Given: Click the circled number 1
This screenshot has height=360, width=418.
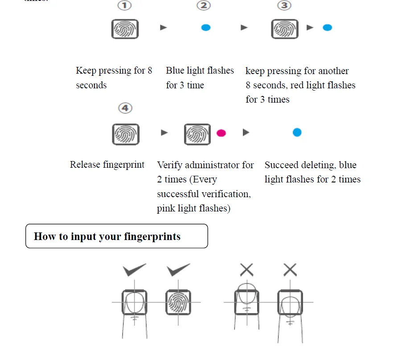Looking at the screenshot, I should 124,6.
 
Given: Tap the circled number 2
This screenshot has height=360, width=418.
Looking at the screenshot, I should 204,6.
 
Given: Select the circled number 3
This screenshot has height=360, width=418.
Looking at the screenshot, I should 284,6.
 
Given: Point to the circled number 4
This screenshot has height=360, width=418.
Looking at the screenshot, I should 125,108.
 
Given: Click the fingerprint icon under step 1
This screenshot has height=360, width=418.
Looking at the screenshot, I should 125,29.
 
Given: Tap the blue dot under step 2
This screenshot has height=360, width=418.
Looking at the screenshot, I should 205,28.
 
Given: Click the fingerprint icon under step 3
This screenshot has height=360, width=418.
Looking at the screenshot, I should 285,29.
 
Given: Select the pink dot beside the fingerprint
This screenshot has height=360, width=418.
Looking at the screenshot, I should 221,133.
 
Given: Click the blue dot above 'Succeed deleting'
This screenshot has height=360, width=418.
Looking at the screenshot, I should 297,132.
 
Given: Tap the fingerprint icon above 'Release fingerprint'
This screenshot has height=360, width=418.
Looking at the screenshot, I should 126,134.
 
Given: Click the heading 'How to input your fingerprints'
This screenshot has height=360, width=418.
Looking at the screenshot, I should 107,236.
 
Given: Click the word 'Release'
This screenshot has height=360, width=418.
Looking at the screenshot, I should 85,165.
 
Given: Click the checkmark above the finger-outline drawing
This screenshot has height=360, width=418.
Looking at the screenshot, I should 135,270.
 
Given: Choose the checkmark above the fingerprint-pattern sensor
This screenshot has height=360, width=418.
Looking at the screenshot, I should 178,270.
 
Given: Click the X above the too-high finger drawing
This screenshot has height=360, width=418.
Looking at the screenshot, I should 246,269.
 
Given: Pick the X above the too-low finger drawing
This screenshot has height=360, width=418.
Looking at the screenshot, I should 290,269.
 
